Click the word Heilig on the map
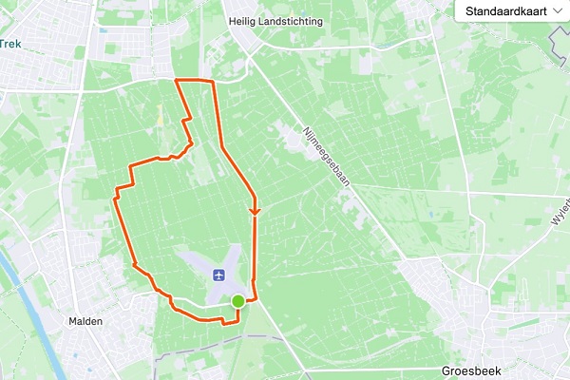click(x=245, y=21)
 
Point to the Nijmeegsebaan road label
click(x=327, y=156)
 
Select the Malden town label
click(x=85, y=321)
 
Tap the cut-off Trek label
click(x=10, y=43)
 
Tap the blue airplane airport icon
click(x=219, y=275)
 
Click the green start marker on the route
click(x=237, y=301)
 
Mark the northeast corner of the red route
click(x=214, y=83)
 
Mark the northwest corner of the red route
click(x=178, y=82)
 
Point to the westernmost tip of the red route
click(x=115, y=195)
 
